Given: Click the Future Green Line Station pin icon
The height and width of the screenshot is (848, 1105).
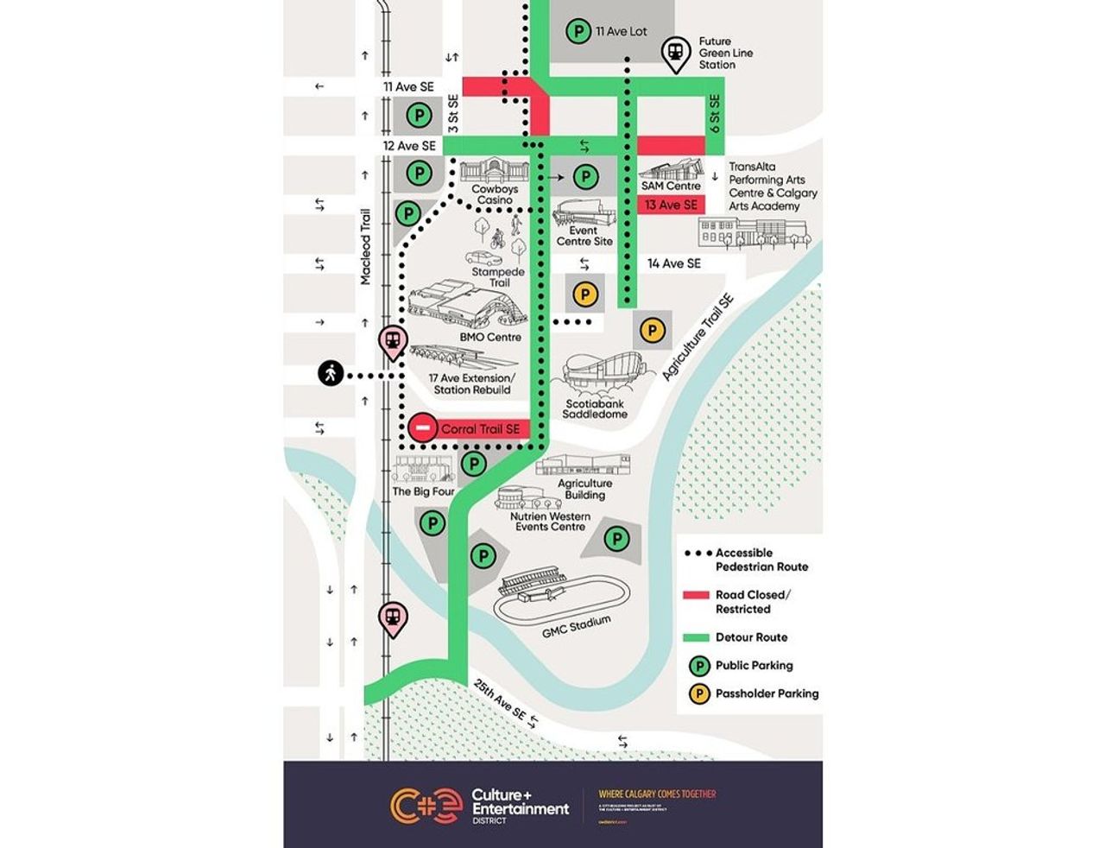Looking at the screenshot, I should [x=675, y=53].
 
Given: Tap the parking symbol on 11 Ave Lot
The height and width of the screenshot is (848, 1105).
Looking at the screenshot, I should [x=578, y=32].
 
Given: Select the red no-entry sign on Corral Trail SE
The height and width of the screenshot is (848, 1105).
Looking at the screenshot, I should [x=423, y=427].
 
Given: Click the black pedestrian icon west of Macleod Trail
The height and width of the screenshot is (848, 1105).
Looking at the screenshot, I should [x=330, y=374].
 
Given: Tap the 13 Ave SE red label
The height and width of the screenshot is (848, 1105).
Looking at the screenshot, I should [x=671, y=205].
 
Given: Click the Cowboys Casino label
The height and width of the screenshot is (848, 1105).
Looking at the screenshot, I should [x=495, y=194].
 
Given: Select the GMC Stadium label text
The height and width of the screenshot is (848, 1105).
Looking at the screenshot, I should [x=577, y=627].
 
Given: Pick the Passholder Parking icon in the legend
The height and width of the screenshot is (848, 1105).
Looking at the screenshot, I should [x=698, y=693].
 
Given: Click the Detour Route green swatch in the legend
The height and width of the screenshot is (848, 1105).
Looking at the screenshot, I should [x=696, y=637].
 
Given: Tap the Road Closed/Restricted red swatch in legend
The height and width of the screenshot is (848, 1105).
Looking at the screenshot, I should [x=696, y=595].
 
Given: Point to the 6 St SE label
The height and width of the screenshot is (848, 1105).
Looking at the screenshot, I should [x=714, y=113].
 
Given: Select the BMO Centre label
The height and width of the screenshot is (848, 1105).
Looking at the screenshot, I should [x=490, y=337].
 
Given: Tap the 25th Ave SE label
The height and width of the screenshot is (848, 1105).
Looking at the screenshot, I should [x=499, y=699].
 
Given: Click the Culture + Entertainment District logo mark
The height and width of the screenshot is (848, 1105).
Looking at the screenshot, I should [x=426, y=806].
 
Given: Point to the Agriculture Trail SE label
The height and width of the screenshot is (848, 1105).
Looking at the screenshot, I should [x=698, y=338].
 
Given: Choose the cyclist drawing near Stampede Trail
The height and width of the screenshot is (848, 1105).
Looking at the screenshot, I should [x=496, y=237].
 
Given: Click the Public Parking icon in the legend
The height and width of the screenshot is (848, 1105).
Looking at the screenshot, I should [x=698, y=666].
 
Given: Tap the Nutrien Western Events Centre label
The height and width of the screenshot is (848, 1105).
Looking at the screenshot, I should [x=550, y=521].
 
